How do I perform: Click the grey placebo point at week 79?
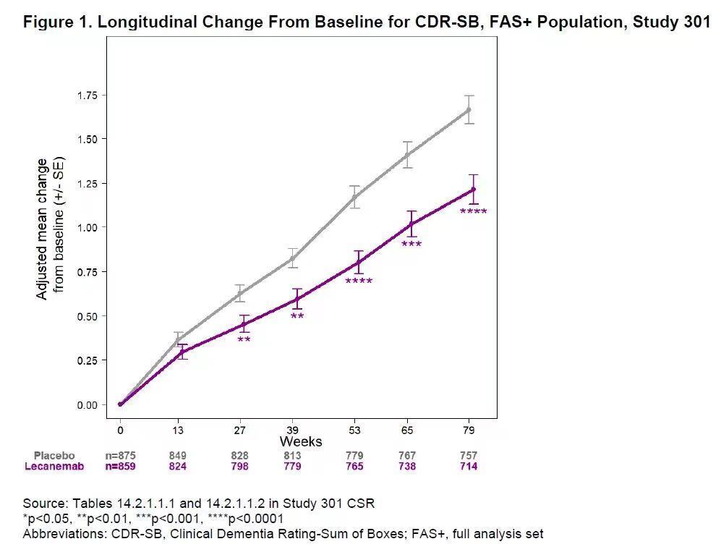[469, 110]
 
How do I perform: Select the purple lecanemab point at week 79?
[473, 190]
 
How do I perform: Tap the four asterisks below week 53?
[359, 281]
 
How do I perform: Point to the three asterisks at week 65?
[411, 245]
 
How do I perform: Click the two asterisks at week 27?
[244, 340]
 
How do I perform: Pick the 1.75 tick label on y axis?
[92, 95]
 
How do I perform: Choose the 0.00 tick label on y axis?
[92, 404]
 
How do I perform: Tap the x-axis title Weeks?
[301, 441]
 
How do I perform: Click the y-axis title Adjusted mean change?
[43, 229]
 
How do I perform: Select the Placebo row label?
[54, 456]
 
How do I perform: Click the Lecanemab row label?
[54, 467]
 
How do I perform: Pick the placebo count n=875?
[120, 456]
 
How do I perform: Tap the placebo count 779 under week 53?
[354, 456]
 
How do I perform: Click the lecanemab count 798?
[239, 467]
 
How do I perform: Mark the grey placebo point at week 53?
[354, 197]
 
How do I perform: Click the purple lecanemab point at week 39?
[296, 298]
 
